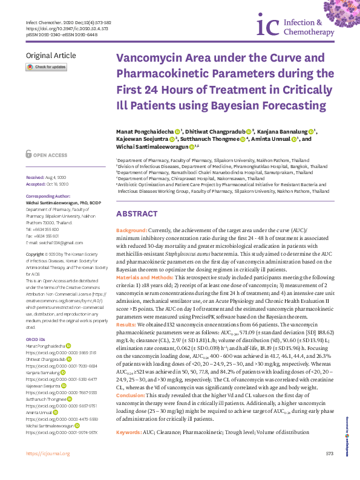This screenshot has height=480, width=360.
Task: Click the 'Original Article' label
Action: [x=51, y=56]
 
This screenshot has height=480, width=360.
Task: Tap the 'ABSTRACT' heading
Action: [x=137, y=214]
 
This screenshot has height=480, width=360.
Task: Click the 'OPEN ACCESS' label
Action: [x=50, y=155]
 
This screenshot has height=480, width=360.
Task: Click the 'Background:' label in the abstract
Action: [x=131, y=231]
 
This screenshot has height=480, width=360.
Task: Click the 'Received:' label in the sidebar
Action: [x=35, y=177]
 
